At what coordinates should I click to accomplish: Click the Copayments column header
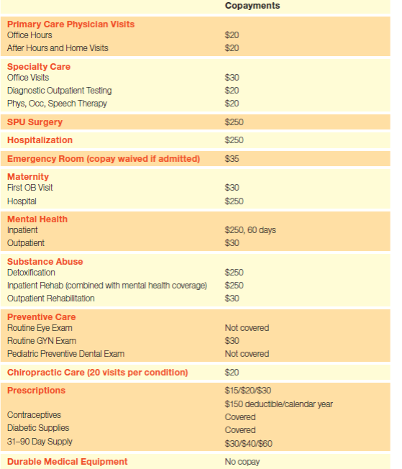(252, 6)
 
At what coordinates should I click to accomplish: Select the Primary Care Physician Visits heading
(70, 24)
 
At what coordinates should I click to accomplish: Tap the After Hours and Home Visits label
(58, 48)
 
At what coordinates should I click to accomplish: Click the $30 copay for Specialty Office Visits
(232, 78)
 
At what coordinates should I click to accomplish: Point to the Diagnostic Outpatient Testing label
(60, 91)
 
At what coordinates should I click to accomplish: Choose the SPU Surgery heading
(35, 122)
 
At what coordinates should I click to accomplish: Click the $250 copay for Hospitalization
(234, 140)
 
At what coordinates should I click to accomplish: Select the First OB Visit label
(30, 188)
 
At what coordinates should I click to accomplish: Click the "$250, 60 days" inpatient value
(250, 230)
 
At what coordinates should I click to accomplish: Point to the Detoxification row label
(31, 273)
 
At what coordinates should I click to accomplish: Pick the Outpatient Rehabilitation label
(51, 299)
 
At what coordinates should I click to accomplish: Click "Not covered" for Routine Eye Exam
(247, 328)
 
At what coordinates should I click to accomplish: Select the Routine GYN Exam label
(42, 341)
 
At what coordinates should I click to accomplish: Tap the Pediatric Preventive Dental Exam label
(65, 354)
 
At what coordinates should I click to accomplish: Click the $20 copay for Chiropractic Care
(232, 373)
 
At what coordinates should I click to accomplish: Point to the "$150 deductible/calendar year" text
(278, 404)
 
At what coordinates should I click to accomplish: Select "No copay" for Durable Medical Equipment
(242, 462)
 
